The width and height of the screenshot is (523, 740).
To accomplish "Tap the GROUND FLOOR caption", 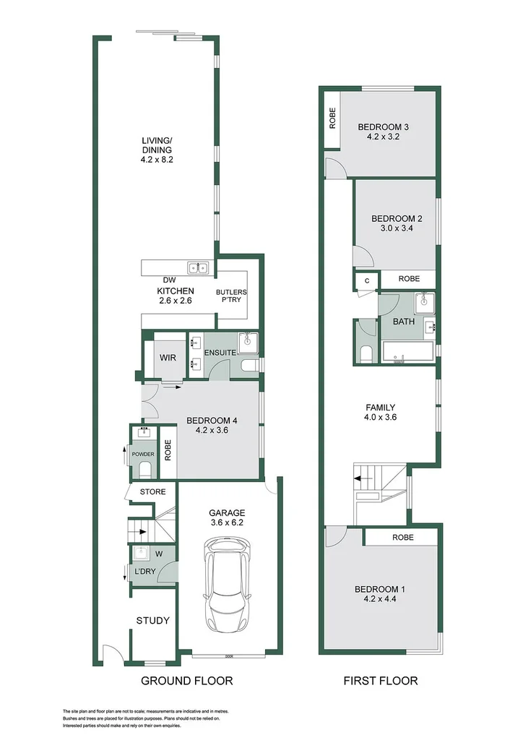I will click(186, 681).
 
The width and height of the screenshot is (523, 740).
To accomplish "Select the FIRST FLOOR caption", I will click(381, 681).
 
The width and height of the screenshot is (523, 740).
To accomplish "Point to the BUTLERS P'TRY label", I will click(231, 297).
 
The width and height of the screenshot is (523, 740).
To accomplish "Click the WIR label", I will click(168, 358).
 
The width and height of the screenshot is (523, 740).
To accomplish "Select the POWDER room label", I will click(143, 455).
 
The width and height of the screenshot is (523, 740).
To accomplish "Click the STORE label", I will click(152, 492).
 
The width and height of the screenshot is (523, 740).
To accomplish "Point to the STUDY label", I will click(153, 620).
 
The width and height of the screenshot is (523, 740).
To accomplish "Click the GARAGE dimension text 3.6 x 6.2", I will click(228, 523).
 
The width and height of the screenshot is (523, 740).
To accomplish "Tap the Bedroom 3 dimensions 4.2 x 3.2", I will click(383, 137).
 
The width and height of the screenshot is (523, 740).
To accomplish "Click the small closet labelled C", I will click(366, 280).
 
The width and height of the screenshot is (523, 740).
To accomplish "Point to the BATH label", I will click(404, 322).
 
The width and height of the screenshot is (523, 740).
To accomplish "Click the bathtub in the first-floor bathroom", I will click(407, 353).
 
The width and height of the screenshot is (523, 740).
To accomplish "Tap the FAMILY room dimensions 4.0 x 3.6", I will click(381, 417).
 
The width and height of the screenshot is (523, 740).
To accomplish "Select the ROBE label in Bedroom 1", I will click(402, 538).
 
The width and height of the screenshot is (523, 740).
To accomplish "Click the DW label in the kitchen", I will click(170, 280).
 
